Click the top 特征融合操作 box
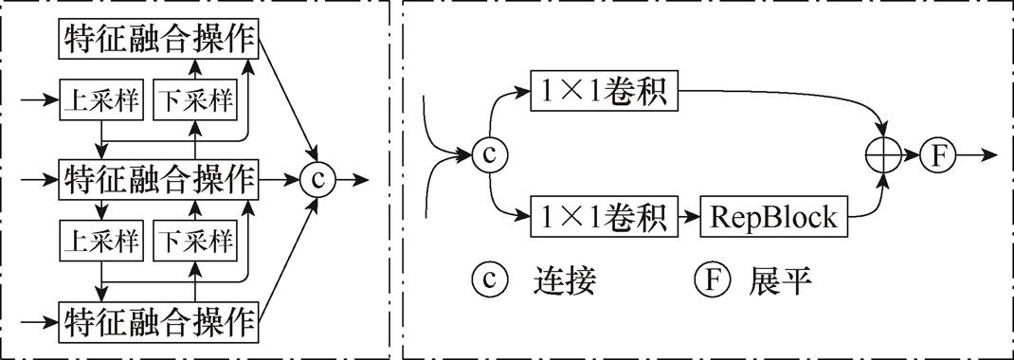159,39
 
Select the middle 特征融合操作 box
159,177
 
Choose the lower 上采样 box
100,242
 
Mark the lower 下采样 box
194,242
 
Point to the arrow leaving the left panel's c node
352,178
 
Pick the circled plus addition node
885,154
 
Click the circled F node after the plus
938,154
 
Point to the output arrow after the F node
978,154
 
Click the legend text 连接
567,280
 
